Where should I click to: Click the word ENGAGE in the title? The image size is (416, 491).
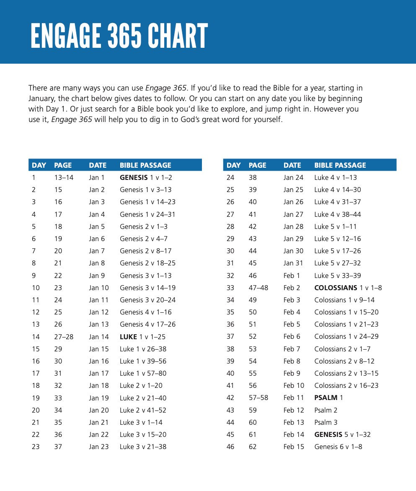pyautogui.click(x=65, y=36)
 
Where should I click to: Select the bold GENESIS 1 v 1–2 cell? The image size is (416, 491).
pyautogui.click(x=146, y=177)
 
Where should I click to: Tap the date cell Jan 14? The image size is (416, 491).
pyautogui.click(x=98, y=337)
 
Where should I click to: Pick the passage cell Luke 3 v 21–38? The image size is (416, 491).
pyautogui.click(x=143, y=447)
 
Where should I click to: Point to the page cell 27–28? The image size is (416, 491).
pyautogui.click(x=64, y=337)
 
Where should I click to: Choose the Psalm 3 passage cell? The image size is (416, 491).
pyautogui.click(x=326, y=422)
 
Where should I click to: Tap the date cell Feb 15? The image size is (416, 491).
pyautogui.click(x=294, y=447)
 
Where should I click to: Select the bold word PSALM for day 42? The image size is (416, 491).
pyautogui.click(x=326, y=397)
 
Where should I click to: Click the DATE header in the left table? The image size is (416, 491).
pyautogui.click(x=98, y=165)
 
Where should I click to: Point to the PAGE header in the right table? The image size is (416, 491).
pyautogui.click(x=257, y=165)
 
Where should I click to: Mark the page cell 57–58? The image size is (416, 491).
pyautogui.click(x=258, y=397)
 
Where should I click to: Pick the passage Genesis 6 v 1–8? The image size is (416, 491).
pyautogui.click(x=338, y=447)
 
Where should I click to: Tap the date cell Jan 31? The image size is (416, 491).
pyautogui.click(x=293, y=263)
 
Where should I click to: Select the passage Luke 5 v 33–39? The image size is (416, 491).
pyautogui.click(x=337, y=275)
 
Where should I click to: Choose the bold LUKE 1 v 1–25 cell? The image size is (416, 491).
pyautogui.click(x=142, y=337)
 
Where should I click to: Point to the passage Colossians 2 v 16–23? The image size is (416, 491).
pyautogui.click(x=346, y=385)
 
